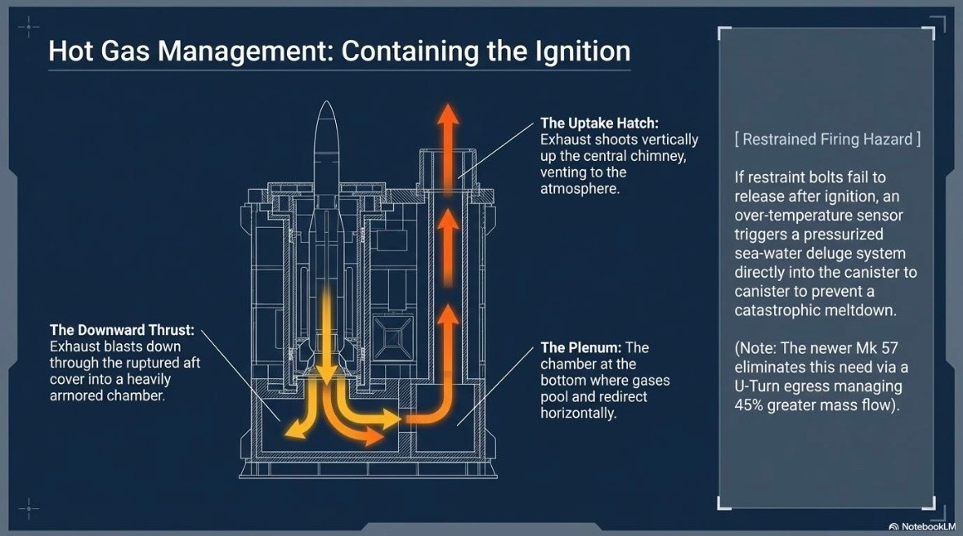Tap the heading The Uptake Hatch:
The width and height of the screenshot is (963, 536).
pos(599,123)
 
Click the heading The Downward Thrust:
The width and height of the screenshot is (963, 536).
pos(122,330)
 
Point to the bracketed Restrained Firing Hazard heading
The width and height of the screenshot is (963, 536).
pos(828,139)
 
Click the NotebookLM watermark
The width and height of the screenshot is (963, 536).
pos(925,524)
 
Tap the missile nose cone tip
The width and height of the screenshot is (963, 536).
pos(326,105)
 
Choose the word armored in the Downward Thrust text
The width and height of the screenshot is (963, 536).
pos(81,395)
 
